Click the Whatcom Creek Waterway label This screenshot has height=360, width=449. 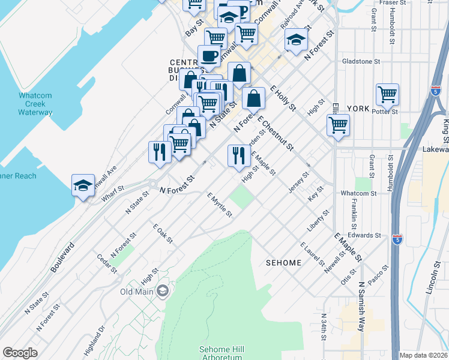[35, 104]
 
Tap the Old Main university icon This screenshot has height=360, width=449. [162, 292]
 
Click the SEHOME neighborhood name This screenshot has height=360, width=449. [284, 263]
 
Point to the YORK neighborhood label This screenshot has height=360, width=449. [358, 109]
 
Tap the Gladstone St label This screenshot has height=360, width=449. [361, 61]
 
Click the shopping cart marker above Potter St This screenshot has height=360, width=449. [388, 94]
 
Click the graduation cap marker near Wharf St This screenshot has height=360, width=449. [83, 185]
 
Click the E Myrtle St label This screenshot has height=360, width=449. [220, 205]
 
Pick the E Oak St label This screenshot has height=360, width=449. [163, 234]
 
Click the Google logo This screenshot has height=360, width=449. [20, 353]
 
